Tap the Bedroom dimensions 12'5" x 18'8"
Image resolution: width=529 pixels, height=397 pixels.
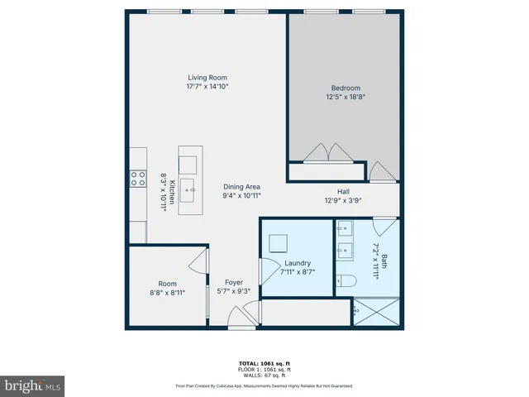[x=346, y=97]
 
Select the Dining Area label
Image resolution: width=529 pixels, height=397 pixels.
[x=241, y=187]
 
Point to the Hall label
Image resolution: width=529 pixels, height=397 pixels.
[x=343, y=191]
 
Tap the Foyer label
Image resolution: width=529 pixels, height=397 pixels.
[x=233, y=282]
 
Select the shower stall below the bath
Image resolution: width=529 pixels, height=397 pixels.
[x=377, y=312]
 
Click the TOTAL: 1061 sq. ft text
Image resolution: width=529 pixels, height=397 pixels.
[x=264, y=363]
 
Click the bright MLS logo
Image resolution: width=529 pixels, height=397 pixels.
[x=33, y=385]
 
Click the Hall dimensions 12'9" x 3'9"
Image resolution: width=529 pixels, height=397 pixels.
[x=343, y=199]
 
